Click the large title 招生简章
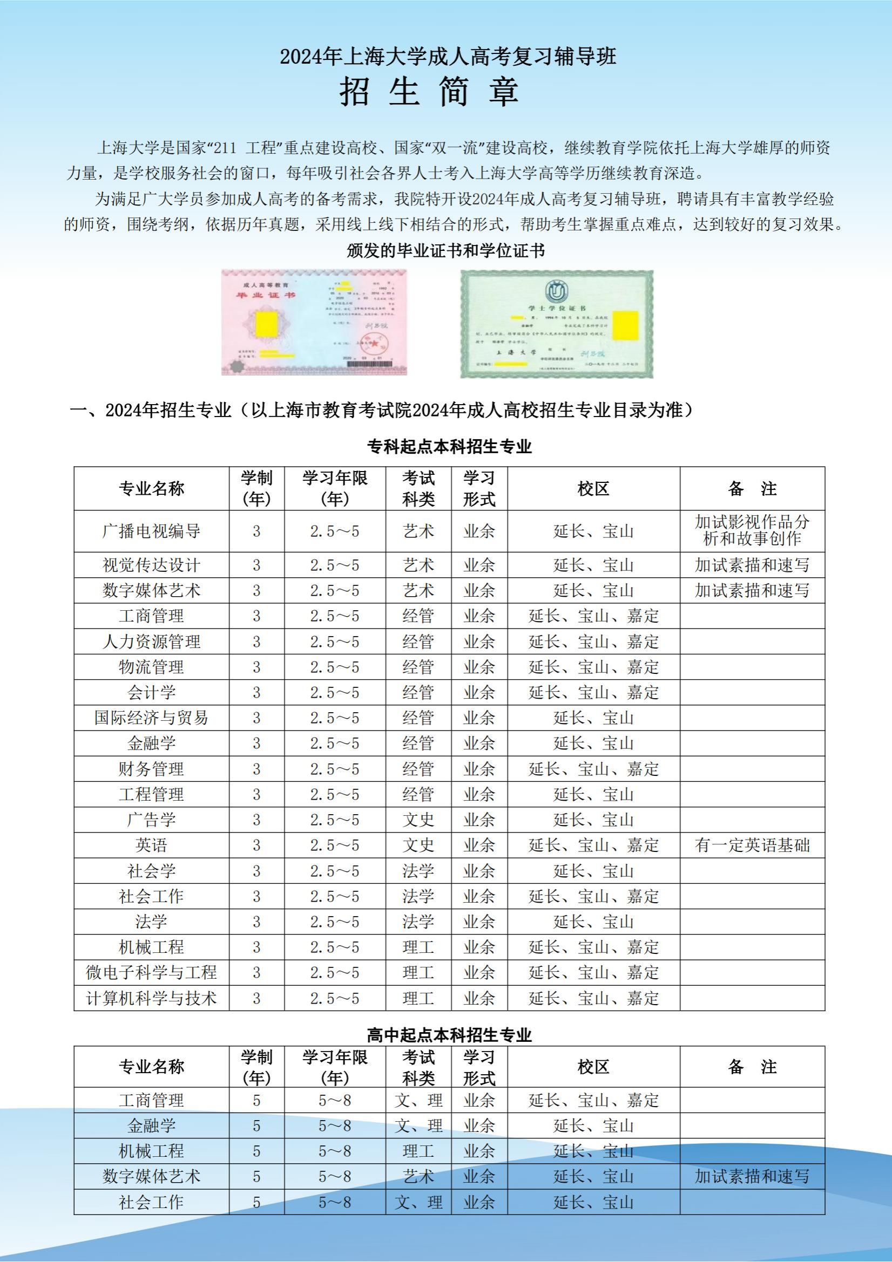tap(429, 91)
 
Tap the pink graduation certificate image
tap(314, 322)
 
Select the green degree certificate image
tap(557, 324)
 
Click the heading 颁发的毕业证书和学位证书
tap(446, 251)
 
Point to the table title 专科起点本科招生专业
tap(449, 446)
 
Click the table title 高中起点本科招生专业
tap(449, 1035)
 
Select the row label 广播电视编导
tap(151, 531)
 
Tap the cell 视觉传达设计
tap(151, 565)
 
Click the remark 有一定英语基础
tap(752, 845)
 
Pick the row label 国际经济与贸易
tap(151, 718)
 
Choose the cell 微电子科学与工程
tap(151, 972)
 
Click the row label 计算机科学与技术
tap(151, 998)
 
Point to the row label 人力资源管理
tap(151, 642)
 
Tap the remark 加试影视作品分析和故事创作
tap(752, 530)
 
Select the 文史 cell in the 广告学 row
tap(418, 820)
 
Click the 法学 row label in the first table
tap(151, 922)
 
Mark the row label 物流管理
tap(151, 667)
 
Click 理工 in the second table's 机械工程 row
tap(418, 1151)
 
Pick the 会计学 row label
tap(151, 693)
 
